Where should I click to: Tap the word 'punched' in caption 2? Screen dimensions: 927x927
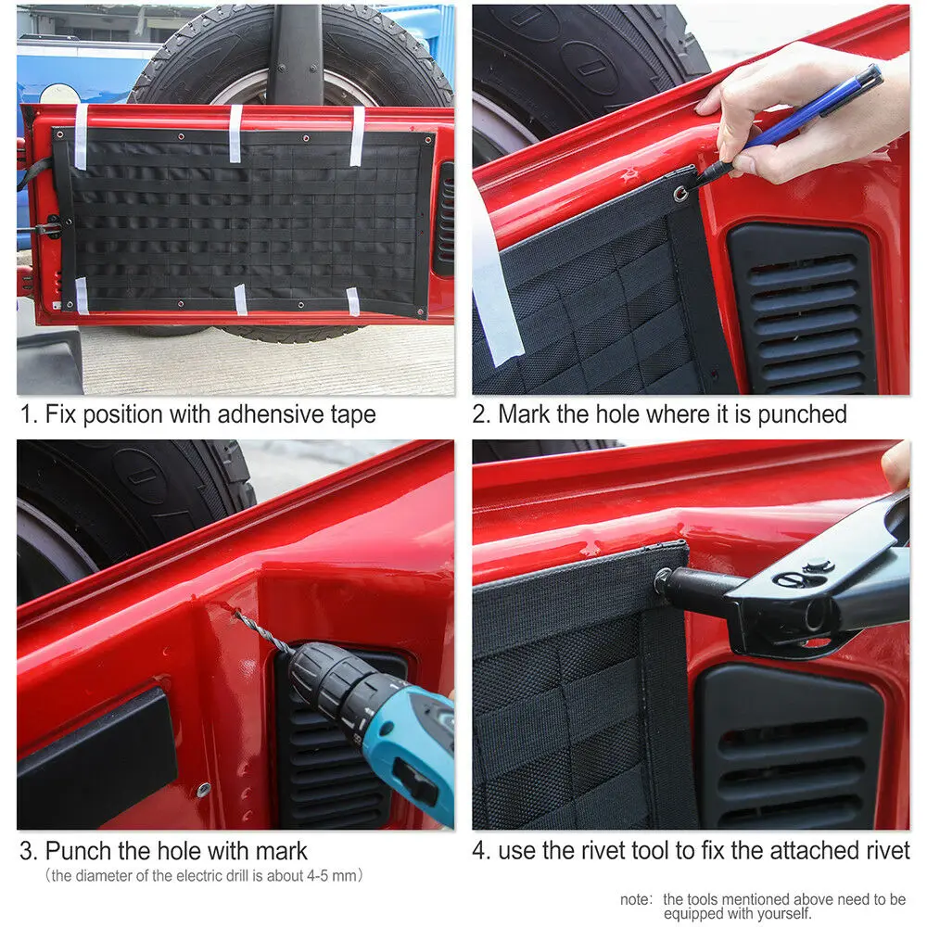pyautogui.click(x=802, y=415)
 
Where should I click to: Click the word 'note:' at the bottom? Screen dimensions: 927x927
pyautogui.click(x=636, y=900)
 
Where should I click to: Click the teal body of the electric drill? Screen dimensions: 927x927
pyautogui.click(x=408, y=751)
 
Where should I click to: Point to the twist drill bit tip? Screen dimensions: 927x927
pyautogui.click(x=237, y=613)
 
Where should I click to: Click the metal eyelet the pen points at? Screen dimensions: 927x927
pyautogui.click(x=681, y=193)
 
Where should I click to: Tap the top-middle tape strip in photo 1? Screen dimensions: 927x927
pyautogui.click(x=235, y=133)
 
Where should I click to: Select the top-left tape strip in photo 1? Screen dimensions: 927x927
pyautogui.click(x=81, y=134)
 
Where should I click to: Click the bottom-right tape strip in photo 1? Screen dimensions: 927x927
pyautogui.click(x=352, y=301)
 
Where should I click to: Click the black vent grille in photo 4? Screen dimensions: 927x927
pyautogui.click(x=789, y=748)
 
